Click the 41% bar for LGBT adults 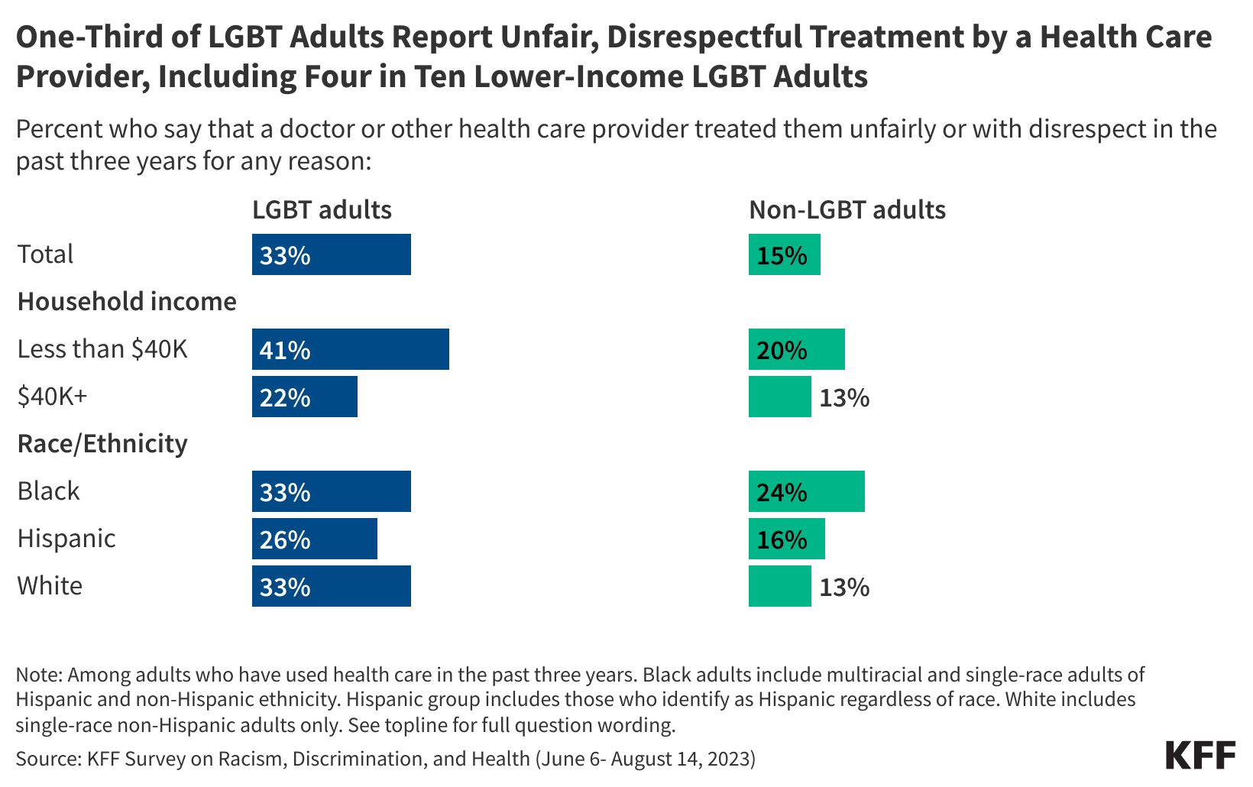tap(350, 349)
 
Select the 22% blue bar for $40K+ tap(304, 397)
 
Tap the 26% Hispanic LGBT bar tap(314, 539)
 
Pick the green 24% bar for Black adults tap(806, 491)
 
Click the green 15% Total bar tap(784, 254)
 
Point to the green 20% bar tap(796, 349)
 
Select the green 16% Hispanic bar tap(786, 539)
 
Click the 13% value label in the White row tap(844, 587)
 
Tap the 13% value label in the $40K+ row tap(844, 397)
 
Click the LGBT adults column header tap(322, 209)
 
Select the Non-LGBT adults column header tap(847, 209)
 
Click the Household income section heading tap(127, 301)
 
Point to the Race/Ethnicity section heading tap(102, 443)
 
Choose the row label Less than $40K tap(102, 348)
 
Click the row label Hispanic tap(66, 538)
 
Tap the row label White tap(50, 585)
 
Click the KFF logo tap(1200, 755)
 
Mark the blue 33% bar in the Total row tap(331, 254)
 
